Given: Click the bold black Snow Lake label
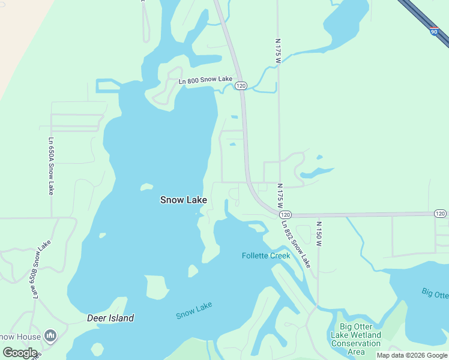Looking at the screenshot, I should tap(184, 200).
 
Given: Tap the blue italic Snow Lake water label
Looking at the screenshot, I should tap(194, 310).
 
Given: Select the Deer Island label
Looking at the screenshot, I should tap(110, 318).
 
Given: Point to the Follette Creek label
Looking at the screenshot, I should tap(266, 256).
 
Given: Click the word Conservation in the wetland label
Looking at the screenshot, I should tap(356, 344).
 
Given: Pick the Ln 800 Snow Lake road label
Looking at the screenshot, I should tap(205, 79).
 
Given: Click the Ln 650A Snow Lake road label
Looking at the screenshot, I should tap(51, 166).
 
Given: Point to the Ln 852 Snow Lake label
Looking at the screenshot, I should tap(296, 243).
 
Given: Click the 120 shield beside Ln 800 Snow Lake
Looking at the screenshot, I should tap(241, 86).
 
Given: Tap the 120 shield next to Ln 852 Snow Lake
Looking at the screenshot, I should tap(285, 214).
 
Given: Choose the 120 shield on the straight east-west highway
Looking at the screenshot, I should tap(440, 214).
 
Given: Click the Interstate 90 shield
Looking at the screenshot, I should tap(434, 31).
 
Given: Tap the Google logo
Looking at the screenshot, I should tap(19, 353).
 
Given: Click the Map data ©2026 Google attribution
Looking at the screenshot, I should tap(412, 355).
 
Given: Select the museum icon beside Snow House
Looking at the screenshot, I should tap(50, 335).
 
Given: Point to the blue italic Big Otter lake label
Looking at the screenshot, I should tap(435, 293).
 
